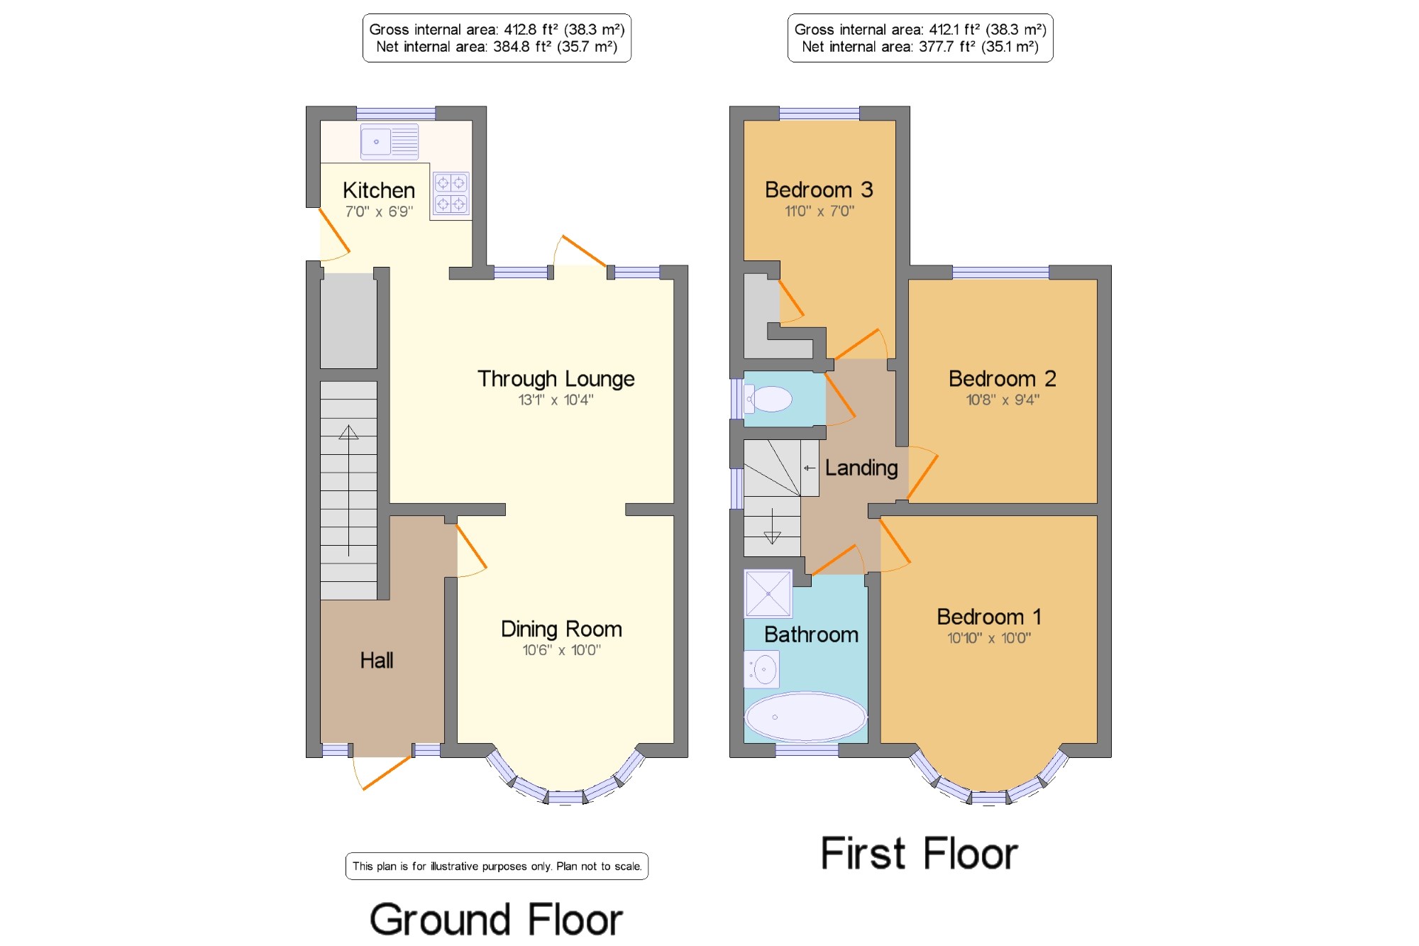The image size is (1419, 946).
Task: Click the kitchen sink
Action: pyautogui.click(x=390, y=141)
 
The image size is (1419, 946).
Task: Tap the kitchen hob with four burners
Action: pyautogui.click(x=451, y=193)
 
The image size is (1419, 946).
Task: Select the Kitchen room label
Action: pyautogui.click(x=379, y=190)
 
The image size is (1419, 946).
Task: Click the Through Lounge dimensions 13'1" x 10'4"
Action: pyautogui.click(x=556, y=400)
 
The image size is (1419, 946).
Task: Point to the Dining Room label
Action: pyautogui.click(x=561, y=629)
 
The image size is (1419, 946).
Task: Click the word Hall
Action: pyautogui.click(x=376, y=661)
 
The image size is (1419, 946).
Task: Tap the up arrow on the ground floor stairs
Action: pyautogui.click(x=348, y=490)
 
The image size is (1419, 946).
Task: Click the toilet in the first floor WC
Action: pyautogui.click(x=768, y=399)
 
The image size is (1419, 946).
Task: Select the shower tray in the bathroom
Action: pyautogui.click(x=768, y=593)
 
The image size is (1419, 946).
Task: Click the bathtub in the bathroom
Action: pyautogui.click(x=805, y=717)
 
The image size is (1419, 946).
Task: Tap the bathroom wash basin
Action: pyautogui.click(x=761, y=669)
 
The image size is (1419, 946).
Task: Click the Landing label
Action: pyautogui.click(x=861, y=468)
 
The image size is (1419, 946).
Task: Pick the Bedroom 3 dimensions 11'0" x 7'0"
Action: pyautogui.click(x=819, y=211)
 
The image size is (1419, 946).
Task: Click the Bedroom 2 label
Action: pyautogui.click(x=1003, y=379)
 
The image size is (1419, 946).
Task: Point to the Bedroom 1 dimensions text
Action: pyautogui.click(x=989, y=638)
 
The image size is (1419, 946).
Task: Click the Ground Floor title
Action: pyautogui.click(x=496, y=920)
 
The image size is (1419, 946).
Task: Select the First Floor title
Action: pyautogui.click(x=920, y=853)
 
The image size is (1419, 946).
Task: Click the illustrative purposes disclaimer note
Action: pyautogui.click(x=497, y=867)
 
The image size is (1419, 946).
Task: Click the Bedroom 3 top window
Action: pyautogui.click(x=819, y=114)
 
